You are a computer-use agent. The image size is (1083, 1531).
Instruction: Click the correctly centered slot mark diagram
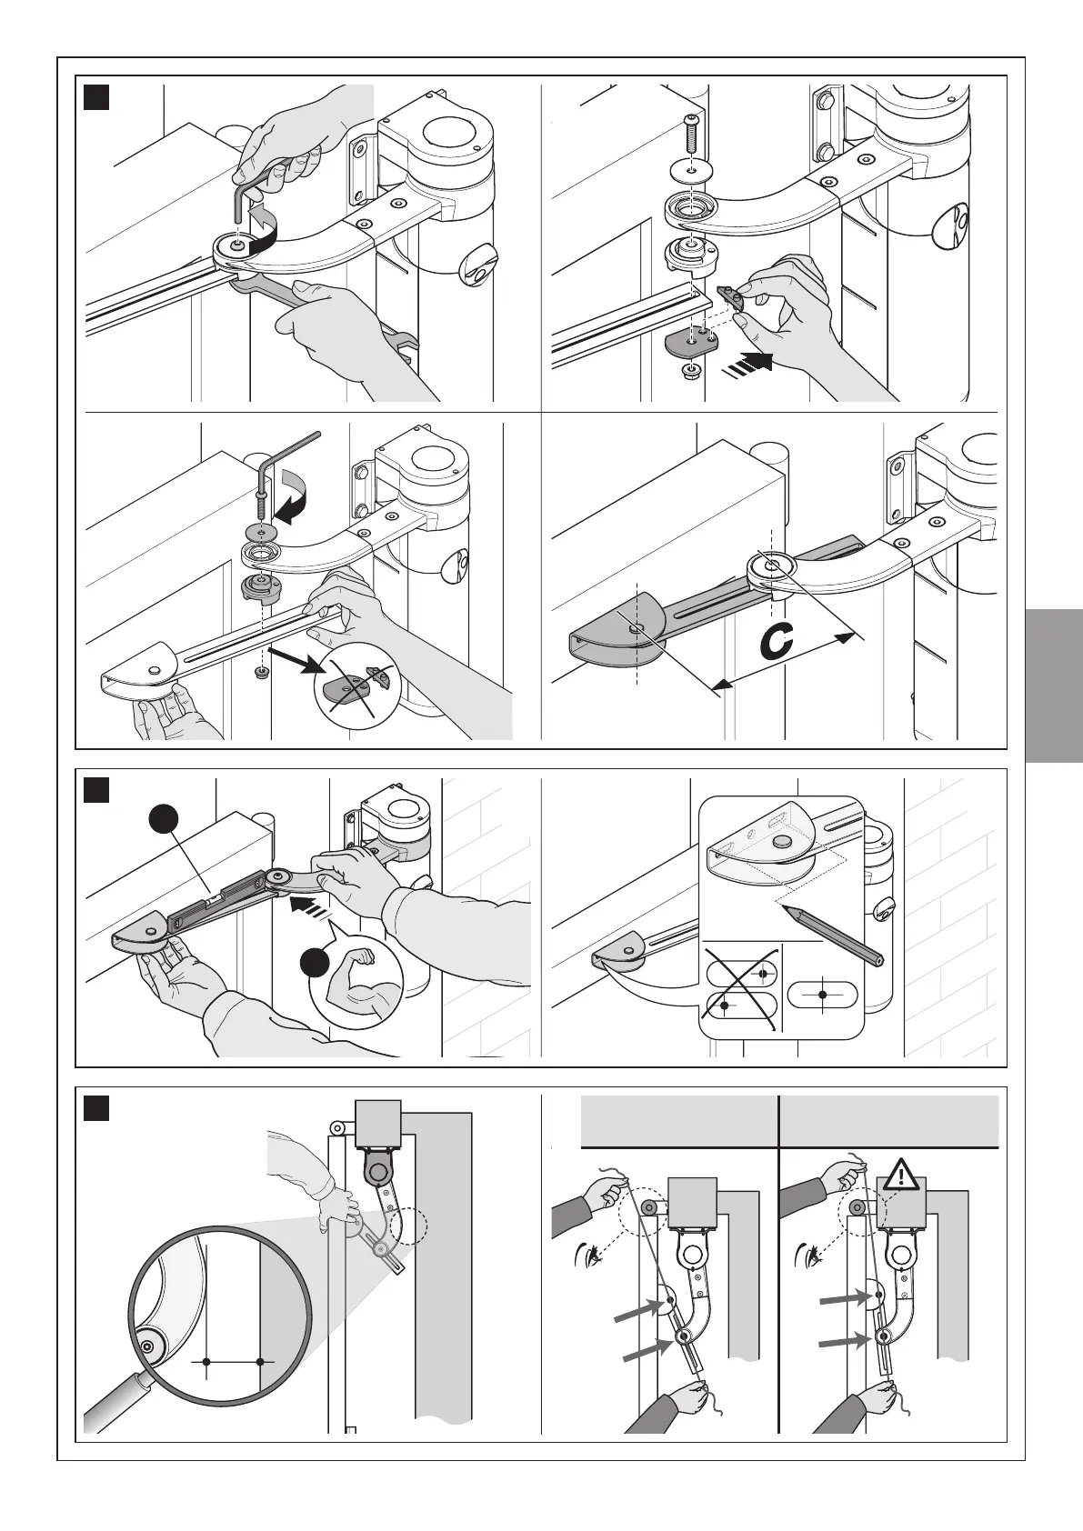click(x=822, y=995)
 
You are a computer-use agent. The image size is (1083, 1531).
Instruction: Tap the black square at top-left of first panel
click(x=96, y=97)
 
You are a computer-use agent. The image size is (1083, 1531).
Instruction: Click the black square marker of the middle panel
click(x=96, y=790)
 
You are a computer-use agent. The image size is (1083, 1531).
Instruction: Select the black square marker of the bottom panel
click(x=96, y=1109)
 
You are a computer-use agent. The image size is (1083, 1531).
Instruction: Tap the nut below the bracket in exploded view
click(x=689, y=370)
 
